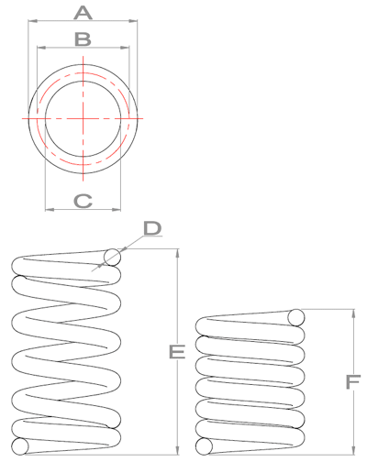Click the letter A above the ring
coord(83,12)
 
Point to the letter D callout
coord(152,226)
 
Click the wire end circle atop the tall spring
coord(112,258)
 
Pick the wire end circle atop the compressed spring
coord(296,318)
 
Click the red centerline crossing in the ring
coord(83,118)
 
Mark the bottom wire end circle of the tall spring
coord(20,447)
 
